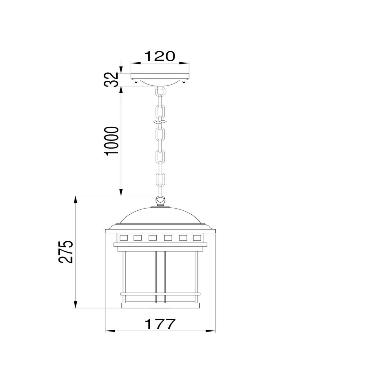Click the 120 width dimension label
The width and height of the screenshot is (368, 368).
tap(159, 56)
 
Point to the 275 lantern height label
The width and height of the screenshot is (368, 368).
tap(66, 252)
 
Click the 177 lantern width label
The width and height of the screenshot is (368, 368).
tap(160, 324)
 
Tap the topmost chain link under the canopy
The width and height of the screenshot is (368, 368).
tap(160, 92)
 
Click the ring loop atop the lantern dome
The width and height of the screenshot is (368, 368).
tap(160, 201)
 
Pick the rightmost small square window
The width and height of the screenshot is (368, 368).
tap(197, 237)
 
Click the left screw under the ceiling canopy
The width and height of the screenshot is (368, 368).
tap(136, 82)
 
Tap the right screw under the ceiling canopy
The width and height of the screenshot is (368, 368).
tap(184, 82)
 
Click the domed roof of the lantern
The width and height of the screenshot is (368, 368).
tap(160, 216)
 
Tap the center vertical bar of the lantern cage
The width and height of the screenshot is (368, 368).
tap(160, 276)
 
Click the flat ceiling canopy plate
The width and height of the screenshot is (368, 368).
tap(160, 76)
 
